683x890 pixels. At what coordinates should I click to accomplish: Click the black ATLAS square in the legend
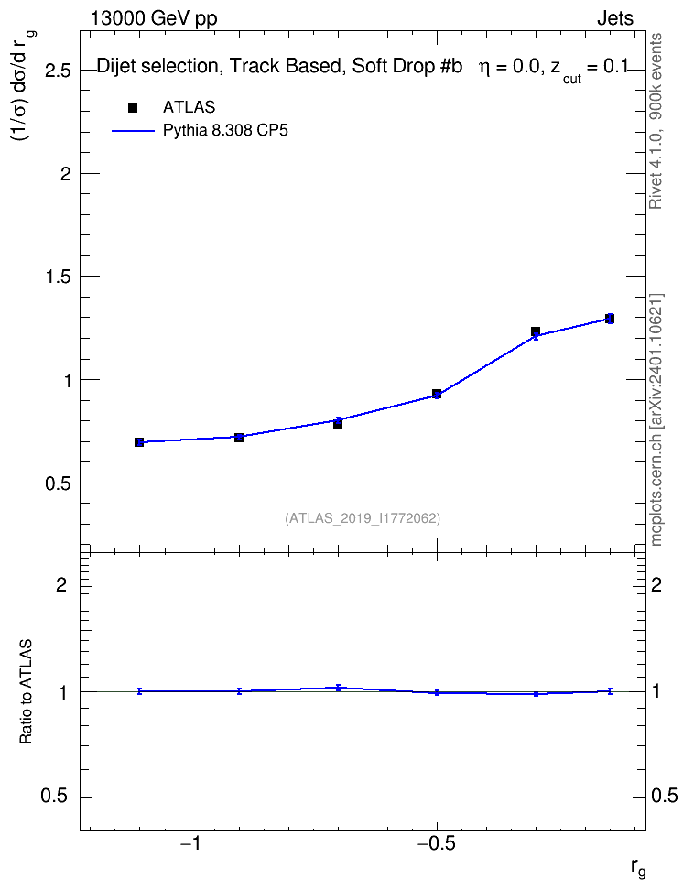pos(133,108)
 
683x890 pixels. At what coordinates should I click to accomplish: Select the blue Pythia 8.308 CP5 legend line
pos(133,131)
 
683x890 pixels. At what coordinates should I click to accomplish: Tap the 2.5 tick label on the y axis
pos(58,71)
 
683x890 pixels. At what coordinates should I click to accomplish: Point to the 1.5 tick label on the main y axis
pos(58,277)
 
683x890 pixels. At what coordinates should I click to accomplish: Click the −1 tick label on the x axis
pos(190,843)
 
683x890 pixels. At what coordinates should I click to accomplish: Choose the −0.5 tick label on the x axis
pos(437,843)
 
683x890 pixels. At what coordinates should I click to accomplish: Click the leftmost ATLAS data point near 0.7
pos(139,442)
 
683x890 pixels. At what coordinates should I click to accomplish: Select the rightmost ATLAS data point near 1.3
pos(609,319)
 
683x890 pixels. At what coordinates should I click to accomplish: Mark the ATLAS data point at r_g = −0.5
pos(437,394)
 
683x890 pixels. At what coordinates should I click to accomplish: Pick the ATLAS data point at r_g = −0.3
pos(536,331)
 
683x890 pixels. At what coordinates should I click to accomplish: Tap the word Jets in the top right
pos(615,18)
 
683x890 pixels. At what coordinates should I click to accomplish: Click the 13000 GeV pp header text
pos(154,19)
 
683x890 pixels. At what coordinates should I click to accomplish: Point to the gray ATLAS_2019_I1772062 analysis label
pos(363,518)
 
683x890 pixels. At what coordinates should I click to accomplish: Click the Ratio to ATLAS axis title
pos(26,691)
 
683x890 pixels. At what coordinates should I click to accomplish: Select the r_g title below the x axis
pos(638,868)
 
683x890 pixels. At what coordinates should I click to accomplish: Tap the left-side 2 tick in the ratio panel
pos(61,585)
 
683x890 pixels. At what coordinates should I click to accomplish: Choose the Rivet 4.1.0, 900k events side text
pos(656,122)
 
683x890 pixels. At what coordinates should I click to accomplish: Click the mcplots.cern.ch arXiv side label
pos(656,419)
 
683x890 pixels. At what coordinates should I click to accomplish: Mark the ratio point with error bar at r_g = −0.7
pos(338,688)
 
